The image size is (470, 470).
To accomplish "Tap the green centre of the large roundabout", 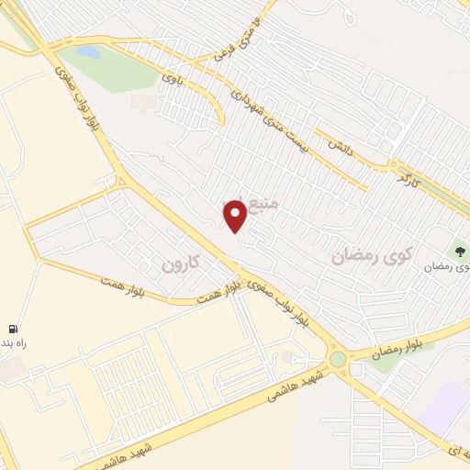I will pyautogui.click(x=339, y=359).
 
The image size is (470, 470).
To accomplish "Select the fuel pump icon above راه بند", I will pyautogui.click(x=13, y=329).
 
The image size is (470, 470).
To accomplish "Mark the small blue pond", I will pyautogui.click(x=89, y=52).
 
